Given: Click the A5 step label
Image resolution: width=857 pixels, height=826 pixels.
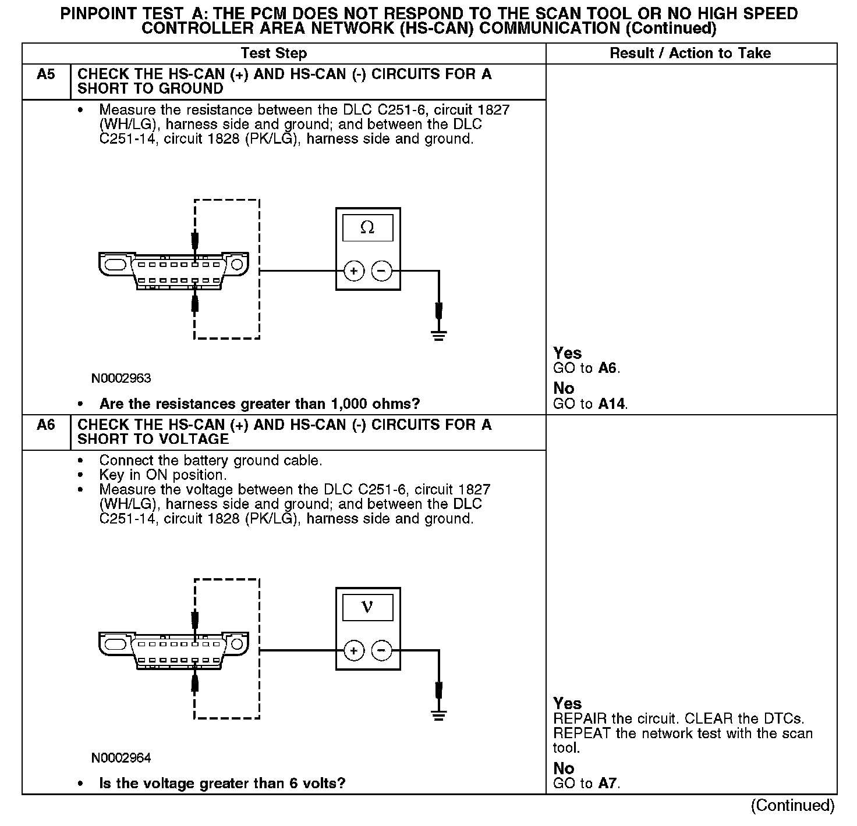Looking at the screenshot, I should click(45, 74).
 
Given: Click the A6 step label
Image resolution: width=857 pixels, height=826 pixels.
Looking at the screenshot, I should click(45, 425).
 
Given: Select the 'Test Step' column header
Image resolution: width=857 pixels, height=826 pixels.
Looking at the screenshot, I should click(274, 54).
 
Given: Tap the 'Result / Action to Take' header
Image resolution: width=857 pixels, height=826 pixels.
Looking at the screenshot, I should click(690, 54).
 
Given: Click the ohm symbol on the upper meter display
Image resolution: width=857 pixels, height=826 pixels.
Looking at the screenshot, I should click(367, 227).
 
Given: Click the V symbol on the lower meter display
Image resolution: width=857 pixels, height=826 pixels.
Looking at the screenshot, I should click(367, 607).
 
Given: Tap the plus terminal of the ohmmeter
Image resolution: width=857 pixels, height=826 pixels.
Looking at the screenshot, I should click(354, 270).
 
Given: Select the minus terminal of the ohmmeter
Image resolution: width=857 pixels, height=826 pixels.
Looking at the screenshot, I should click(381, 270).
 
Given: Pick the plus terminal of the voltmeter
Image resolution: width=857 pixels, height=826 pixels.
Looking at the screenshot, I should click(354, 650).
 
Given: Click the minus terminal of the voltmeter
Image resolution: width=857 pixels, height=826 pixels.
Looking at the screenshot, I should click(381, 650).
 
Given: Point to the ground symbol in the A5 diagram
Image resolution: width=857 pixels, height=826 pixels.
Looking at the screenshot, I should click(439, 335).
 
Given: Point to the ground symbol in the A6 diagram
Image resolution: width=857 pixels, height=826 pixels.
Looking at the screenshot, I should click(439, 715).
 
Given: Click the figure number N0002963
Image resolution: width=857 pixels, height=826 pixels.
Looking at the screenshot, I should click(121, 379).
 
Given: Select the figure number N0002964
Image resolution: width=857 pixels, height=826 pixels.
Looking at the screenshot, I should click(121, 758).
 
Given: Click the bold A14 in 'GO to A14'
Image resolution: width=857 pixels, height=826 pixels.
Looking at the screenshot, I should click(612, 404).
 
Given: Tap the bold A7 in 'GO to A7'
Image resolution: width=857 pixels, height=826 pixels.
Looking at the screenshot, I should click(608, 783).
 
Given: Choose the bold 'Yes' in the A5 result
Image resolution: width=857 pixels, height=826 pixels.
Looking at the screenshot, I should click(567, 353).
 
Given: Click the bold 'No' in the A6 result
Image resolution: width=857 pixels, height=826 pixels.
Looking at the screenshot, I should click(564, 768).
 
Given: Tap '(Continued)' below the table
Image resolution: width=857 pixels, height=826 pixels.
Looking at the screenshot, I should click(792, 806).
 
